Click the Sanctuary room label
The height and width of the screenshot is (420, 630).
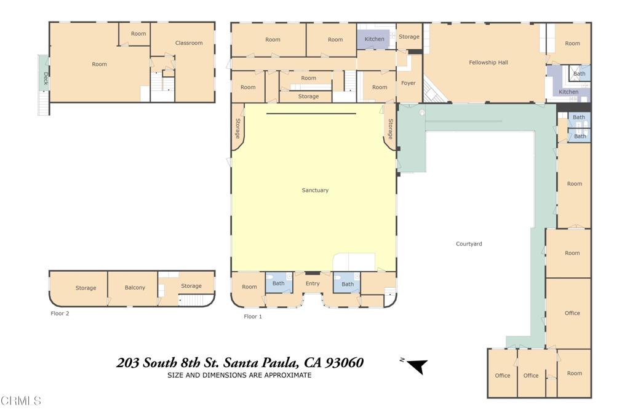pos(315,190)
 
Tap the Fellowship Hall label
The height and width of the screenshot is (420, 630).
pos(488,62)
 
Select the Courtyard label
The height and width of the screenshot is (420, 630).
pos(469,244)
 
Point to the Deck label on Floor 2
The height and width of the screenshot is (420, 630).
pos(45,79)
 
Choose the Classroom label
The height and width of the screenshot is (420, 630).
pos(189,43)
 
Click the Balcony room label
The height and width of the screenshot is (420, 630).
pos(135,288)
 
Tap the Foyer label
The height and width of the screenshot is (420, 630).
pos(409,83)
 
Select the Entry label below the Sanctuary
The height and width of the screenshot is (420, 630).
pos(313,283)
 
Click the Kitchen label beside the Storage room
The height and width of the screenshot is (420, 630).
pos(374,39)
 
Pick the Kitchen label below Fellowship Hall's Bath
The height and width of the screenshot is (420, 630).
pos(568,92)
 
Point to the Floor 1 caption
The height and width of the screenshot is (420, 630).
pos(253,317)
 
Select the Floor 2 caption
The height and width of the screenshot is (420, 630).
pos(60,313)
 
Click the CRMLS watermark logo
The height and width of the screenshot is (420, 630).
pos(21,401)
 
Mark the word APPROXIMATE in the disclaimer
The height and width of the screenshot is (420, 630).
pos(282,375)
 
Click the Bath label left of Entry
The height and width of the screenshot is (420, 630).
pos(279,283)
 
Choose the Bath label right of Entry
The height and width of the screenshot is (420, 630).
pos(348,284)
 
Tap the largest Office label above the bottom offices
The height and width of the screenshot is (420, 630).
pos(572,313)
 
